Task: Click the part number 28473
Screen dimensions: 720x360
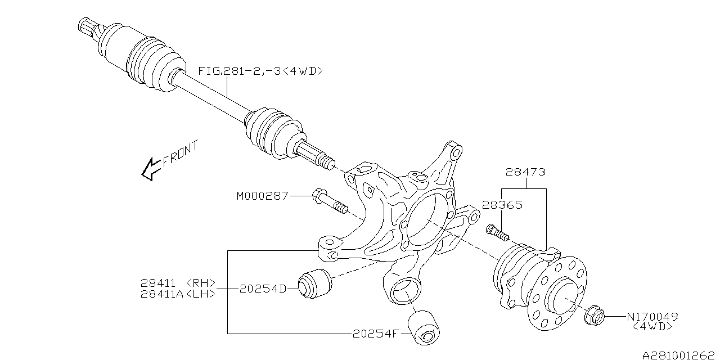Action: (x=525, y=172)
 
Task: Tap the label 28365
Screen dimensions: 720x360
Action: (x=502, y=205)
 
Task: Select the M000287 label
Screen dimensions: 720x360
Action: (x=263, y=196)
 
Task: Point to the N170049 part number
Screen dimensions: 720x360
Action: (x=652, y=317)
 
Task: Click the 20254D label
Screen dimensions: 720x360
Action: (x=263, y=289)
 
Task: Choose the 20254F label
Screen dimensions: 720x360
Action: (x=376, y=334)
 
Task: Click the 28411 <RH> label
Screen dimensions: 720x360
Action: (x=178, y=283)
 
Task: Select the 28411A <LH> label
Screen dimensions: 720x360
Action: (x=178, y=294)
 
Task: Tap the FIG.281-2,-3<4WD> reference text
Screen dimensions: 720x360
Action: (x=260, y=71)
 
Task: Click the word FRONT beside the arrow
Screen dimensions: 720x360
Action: (x=180, y=154)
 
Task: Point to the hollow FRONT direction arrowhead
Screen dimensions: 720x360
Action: (x=152, y=169)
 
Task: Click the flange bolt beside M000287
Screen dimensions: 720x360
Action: (x=330, y=201)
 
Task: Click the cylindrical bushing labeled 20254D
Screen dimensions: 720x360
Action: (x=315, y=284)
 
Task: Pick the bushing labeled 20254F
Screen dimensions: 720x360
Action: (x=424, y=327)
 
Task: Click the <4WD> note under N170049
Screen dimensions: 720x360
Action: (x=652, y=327)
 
